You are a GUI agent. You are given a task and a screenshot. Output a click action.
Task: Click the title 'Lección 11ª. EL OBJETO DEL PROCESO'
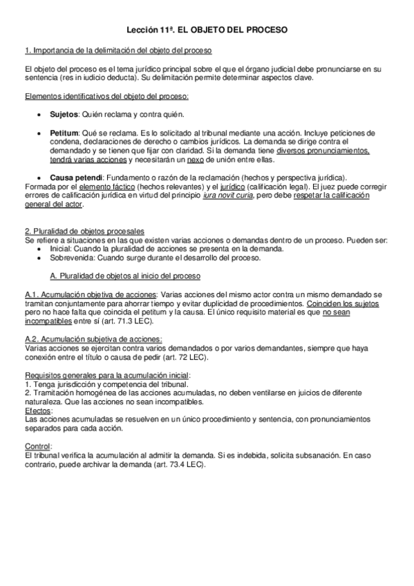click(x=207, y=31)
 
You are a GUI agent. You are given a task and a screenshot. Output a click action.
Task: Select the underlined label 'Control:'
click(x=37, y=446)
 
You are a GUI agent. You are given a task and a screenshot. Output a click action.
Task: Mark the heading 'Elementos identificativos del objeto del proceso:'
click(x=106, y=95)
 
